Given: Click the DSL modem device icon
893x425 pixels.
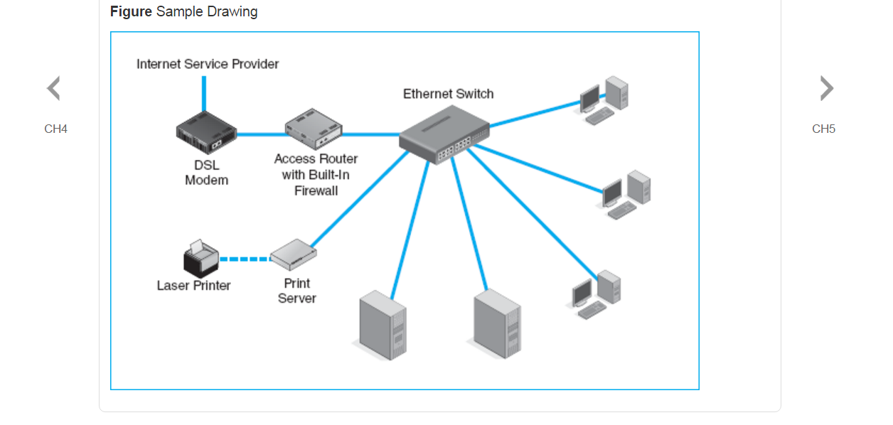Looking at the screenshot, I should (205, 133).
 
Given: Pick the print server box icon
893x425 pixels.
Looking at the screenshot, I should (293, 255).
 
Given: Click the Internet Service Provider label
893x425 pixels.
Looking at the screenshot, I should (208, 64).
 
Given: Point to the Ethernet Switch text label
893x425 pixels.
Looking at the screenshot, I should (448, 94).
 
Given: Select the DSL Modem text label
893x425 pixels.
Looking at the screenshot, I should (207, 173).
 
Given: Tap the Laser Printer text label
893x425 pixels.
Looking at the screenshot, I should (193, 286).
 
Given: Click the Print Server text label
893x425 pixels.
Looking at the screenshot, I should (297, 291).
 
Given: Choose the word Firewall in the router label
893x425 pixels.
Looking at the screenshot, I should (316, 190).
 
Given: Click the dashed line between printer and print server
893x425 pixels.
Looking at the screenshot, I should (245, 259).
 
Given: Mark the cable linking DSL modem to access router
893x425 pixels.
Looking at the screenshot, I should (260, 134).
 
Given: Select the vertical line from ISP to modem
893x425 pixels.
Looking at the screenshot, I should (204, 92).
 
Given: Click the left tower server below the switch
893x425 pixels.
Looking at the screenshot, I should (383, 325).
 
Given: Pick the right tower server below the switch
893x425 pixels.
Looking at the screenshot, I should (497, 323).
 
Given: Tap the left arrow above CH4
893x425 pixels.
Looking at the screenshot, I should (53, 89).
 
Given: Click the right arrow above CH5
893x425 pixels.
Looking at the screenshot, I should (826, 89).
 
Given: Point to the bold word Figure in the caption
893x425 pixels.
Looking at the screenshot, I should (131, 12).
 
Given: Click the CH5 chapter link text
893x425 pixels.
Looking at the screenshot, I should (823, 129).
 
